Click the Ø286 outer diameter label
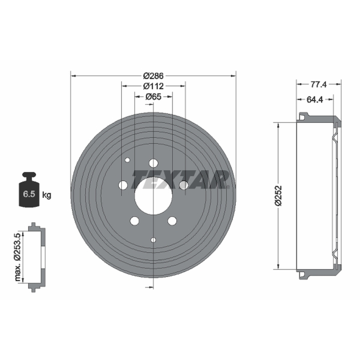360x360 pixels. pos(153,76)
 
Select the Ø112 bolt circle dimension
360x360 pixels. pos(153,86)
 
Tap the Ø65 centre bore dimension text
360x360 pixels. pos(153,97)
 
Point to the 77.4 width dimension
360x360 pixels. pos(319,85)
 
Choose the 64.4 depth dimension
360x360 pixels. pos(315,99)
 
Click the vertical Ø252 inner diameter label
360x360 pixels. pos(278,196)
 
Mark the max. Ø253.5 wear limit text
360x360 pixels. pos(18,256)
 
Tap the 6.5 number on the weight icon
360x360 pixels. pos(29,194)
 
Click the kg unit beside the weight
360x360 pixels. pos(47,195)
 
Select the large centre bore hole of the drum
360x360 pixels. pos(153,196)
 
